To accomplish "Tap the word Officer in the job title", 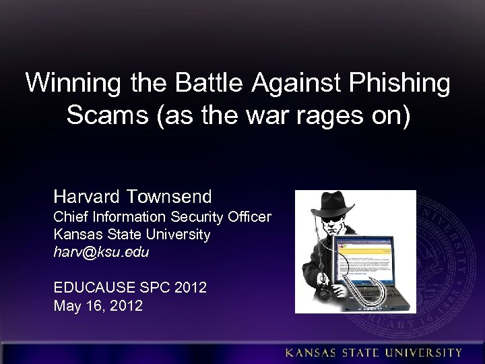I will (249, 218).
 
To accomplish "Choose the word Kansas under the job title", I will (75, 235).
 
